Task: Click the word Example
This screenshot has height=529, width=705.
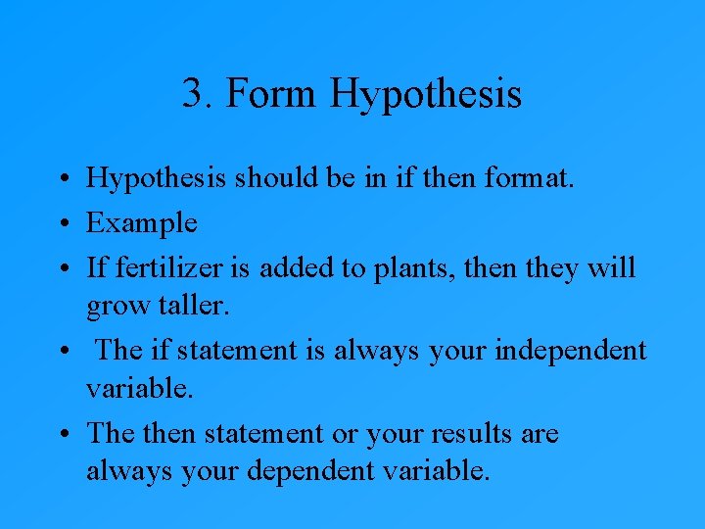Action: pos(141,223)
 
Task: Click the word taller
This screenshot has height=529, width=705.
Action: pos(192,306)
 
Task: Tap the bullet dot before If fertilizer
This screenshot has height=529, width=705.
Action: pos(62,267)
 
